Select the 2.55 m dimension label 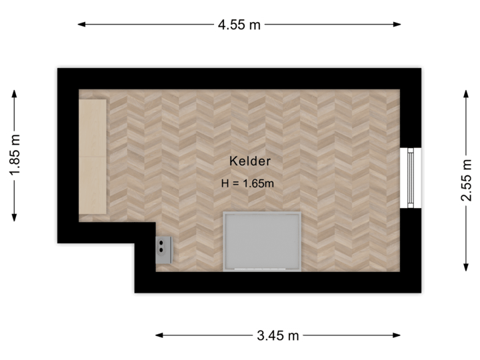[466, 179]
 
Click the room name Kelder [250, 161]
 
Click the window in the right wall [411, 177]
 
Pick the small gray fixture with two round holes [165, 247]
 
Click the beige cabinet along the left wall [93, 157]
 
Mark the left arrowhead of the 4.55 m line [82, 25]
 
